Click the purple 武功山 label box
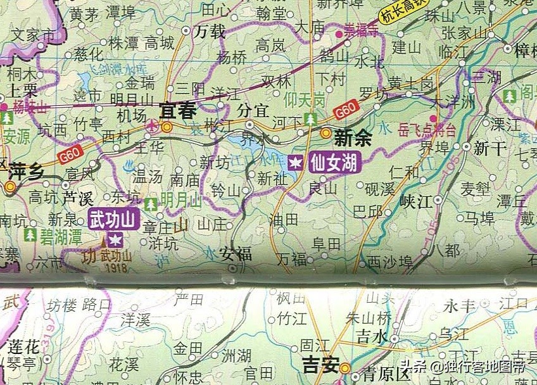click(114, 220)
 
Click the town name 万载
click(211, 30)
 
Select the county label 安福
click(236, 254)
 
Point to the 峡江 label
click(415, 201)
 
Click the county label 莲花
click(24, 346)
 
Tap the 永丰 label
click(460, 305)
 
